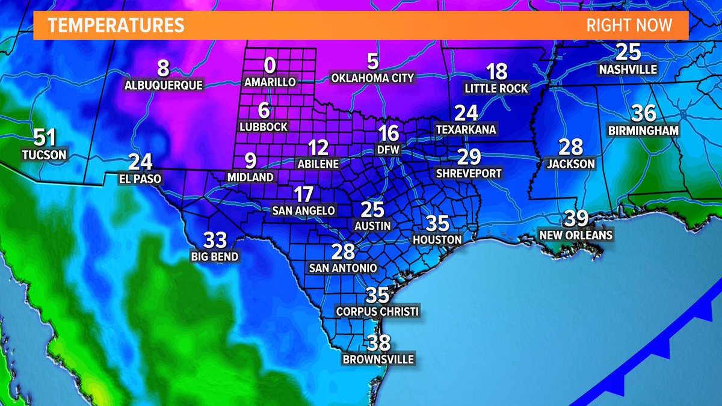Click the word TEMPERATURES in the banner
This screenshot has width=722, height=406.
[116, 26]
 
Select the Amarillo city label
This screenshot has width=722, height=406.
[270, 82]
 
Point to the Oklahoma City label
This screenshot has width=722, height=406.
[372, 78]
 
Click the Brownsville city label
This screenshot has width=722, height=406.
[378, 360]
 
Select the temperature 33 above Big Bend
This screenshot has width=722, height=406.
[215, 240]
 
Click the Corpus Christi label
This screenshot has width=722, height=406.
[377, 312]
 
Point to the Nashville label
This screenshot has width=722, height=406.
[628, 70]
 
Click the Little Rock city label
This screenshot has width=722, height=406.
[496, 88]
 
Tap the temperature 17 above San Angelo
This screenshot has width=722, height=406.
[303, 195]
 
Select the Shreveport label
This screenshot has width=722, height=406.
[469, 173]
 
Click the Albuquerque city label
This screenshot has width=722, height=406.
[164, 85]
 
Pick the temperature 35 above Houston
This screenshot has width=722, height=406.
[437, 224]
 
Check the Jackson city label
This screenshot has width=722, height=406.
[571, 163]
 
